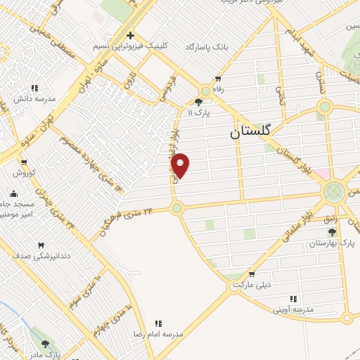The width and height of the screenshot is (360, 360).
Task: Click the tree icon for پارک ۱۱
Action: [x=199, y=102]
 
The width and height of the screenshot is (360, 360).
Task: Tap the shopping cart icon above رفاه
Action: [x=218, y=79]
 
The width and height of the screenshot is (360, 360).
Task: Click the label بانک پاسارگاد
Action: [x=208, y=46]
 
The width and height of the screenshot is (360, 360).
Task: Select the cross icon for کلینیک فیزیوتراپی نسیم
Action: [x=130, y=35]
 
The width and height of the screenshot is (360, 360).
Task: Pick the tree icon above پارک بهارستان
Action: [x=332, y=232]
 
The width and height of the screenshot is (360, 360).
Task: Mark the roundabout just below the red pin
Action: [x=176, y=207]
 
